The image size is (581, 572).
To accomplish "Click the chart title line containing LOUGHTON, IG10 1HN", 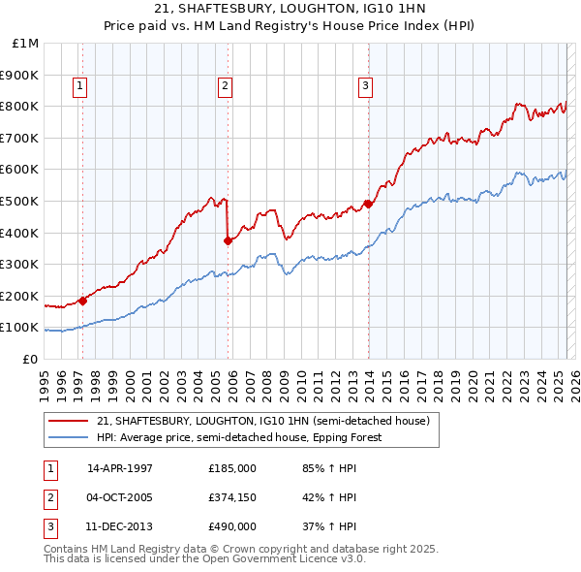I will (x=290, y=9).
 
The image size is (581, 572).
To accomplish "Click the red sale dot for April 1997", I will (x=82, y=301).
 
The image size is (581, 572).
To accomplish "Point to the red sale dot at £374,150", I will (x=228, y=241).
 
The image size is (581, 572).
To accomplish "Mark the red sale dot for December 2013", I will (x=368, y=205).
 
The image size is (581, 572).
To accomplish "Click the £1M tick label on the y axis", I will (x=26, y=44).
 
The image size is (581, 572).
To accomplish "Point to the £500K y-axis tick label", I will (x=22, y=202).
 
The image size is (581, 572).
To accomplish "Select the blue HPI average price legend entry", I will (x=239, y=437).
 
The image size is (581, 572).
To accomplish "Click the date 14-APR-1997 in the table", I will (x=120, y=468).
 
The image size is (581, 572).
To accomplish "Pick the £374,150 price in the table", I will (x=232, y=498).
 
